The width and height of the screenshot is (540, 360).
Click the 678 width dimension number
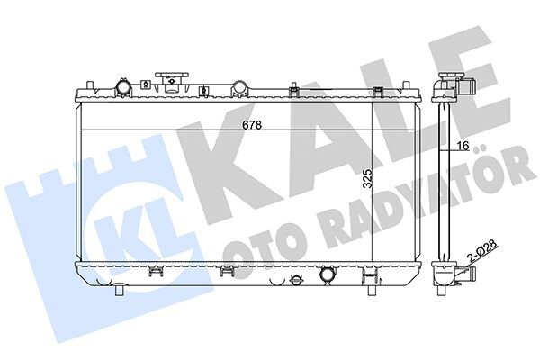point(252,125)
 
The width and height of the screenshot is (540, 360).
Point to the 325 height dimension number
point(368,178)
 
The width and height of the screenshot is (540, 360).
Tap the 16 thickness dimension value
point(463,146)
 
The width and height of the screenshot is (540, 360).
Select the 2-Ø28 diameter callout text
point(482,251)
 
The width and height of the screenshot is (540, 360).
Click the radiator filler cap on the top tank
point(172,82)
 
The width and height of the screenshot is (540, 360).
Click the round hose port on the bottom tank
point(327,274)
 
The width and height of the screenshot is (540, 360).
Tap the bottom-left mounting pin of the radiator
point(119,290)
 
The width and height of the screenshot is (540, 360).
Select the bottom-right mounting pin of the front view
point(372,290)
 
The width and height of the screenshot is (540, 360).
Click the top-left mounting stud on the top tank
point(90,85)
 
